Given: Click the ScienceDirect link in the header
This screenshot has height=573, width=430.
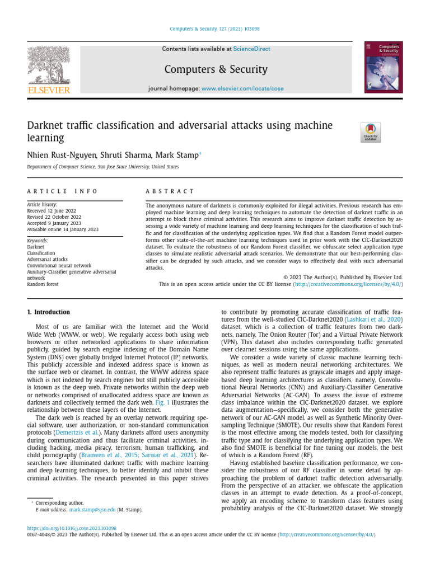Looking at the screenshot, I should coord(251,49).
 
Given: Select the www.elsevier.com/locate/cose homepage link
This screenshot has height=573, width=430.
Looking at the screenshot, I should coord(242,89).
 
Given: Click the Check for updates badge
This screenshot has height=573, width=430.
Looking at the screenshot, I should coord(370,132).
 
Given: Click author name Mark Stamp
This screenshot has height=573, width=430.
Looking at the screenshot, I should coord(177,155).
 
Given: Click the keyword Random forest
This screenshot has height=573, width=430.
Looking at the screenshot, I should coord(43,284).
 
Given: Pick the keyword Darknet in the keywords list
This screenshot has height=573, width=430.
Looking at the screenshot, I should coord(35,247).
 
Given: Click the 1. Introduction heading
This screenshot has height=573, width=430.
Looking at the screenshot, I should coord(49,312).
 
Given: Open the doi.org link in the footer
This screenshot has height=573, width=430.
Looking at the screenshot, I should coord(72,528).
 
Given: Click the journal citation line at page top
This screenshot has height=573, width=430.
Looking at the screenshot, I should coord(215,29).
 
